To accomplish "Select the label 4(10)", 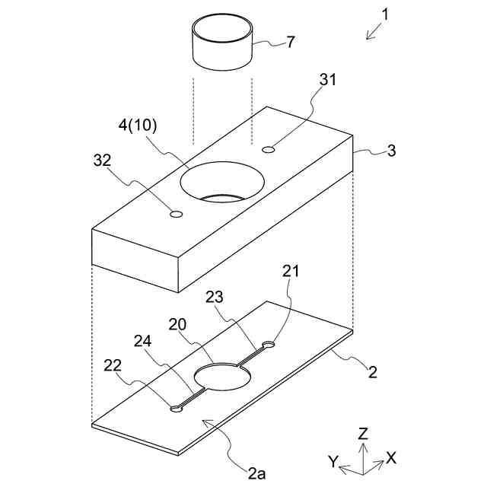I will click(x=137, y=126).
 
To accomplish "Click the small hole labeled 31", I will click(x=268, y=150).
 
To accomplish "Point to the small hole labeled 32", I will click(x=177, y=215).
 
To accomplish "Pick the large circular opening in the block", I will click(x=222, y=182).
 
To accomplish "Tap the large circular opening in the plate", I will click(x=224, y=377).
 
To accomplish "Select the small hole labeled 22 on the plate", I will click(x=177, y=408).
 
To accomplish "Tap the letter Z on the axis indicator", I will click(x=364, y=434).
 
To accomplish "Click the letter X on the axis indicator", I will click(x=390, y=457).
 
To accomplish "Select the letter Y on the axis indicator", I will click(x=333, y=461).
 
